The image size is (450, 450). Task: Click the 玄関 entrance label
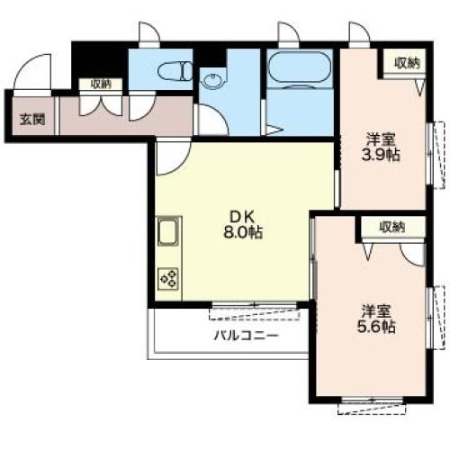click(x=32, y=120)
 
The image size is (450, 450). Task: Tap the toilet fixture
click(x=175, y=71)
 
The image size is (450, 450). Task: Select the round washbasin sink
click(x=212, y=80)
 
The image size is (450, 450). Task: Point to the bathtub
click(x=299, y=67)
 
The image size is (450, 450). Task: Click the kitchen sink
click(x=168, y=232)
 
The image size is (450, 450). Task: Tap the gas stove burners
click(x=168, y=279)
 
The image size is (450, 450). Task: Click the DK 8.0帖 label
click(x=243, y=224)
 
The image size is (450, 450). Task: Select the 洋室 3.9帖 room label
click(x=381, y=147)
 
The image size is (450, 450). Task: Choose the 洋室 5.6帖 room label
click(x=376, y=319)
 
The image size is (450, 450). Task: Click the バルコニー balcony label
click(x=246, y=335)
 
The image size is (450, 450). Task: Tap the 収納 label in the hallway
click(x=101, y=85)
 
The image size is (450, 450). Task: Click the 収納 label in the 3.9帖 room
click(x=407, y=63)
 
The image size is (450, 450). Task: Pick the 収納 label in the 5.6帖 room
click(x=392, y=227)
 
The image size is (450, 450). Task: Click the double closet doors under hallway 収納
click(x=101, y=105)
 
